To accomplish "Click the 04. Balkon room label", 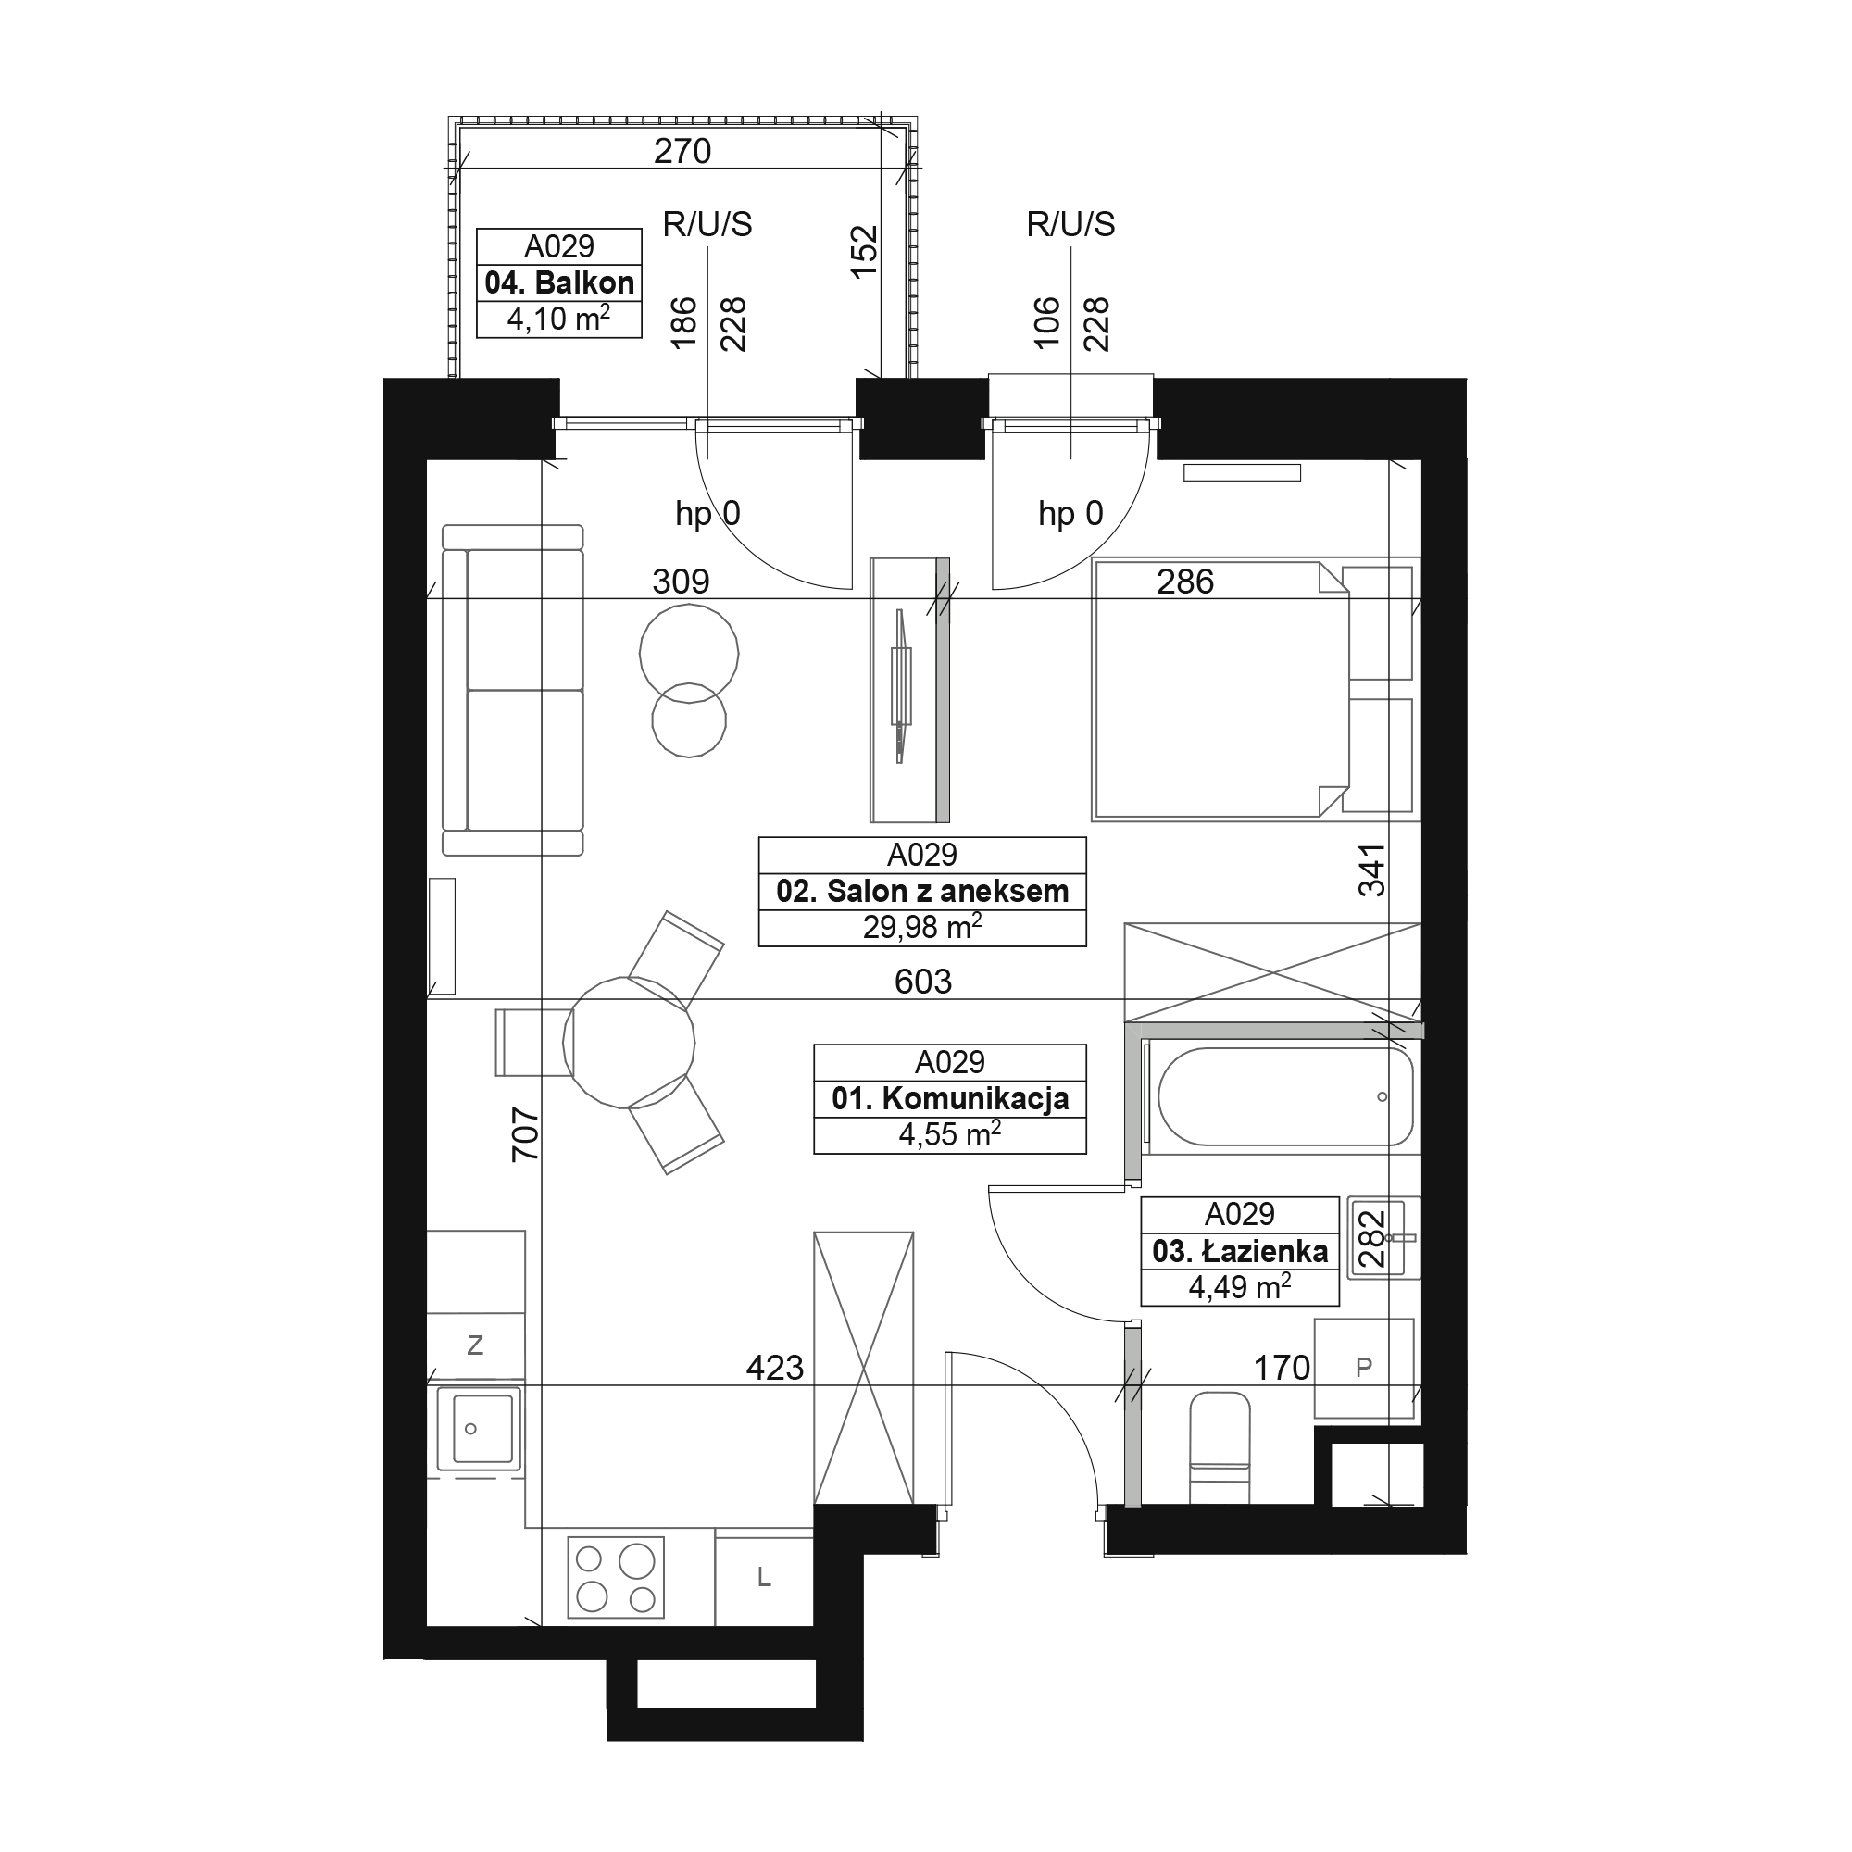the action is [x=559, y=282].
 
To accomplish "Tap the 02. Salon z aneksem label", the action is [x=922, y=892].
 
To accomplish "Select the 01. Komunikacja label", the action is [x=950, y=1098].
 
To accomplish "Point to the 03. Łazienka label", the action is [x=1240, y=1251].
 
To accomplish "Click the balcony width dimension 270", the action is [x=682, y=152].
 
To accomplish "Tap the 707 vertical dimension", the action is [x=525, y=1134].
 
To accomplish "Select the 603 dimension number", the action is [x=923, y=982].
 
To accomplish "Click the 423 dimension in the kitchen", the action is [x=774, y=1368].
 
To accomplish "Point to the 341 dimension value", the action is [x=1371, y=870].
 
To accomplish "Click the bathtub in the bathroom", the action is [x=1285, y=1096].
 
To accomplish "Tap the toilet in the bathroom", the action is [x=1220, y=1448].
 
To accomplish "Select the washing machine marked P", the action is [x=1364, y=1368].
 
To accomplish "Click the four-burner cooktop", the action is [x=617, y=1577].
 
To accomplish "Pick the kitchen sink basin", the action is [x=480, y=1428].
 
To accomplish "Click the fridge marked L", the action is [x=764, y=1577].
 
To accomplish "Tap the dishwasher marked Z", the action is [x=475, y=1345].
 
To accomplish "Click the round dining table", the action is [x=629, y=1043].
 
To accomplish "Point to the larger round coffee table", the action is [x=689, y=654].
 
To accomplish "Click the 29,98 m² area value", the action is [x=922, y=927].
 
